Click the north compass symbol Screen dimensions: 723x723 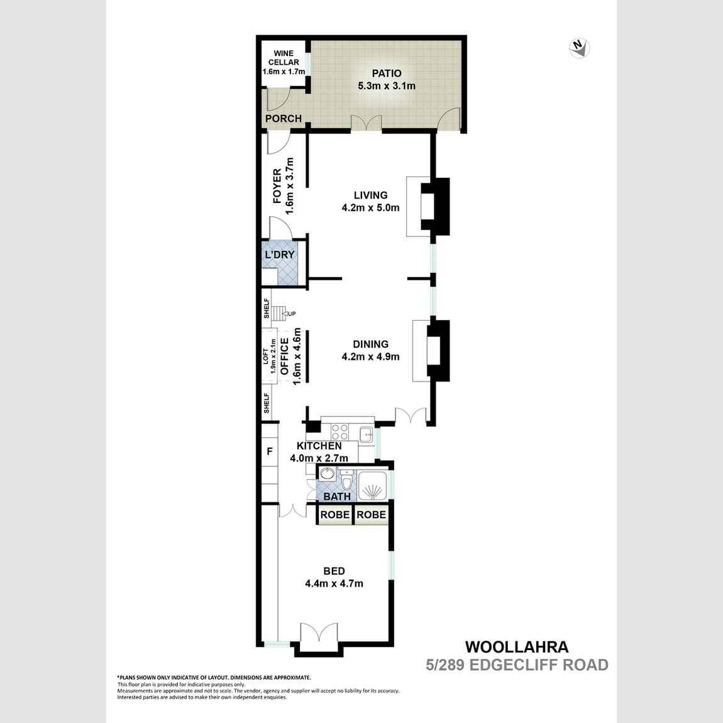click(578, 48)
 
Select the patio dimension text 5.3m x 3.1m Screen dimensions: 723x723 click(386, 86)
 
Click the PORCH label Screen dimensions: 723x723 click(284, 118)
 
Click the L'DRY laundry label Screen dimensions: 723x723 click(279, 255)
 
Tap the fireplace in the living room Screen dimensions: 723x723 click(434, 206)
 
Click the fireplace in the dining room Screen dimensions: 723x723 click(436, 350)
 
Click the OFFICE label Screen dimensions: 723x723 click(284, 356)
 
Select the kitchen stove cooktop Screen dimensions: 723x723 click(339, 432)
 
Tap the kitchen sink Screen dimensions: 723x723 click(365, 433)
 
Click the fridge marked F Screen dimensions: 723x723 click(270, 451)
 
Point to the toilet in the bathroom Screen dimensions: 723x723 click(346, 481)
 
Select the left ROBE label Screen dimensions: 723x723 click(334, 514)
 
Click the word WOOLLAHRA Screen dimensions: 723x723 click(516, 646)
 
